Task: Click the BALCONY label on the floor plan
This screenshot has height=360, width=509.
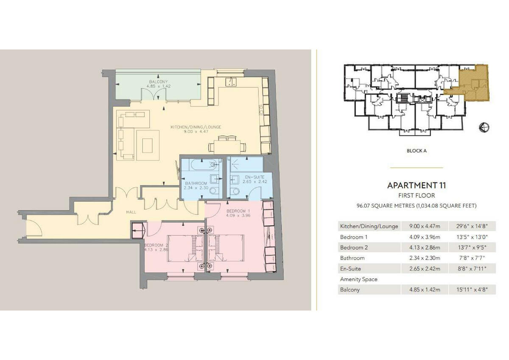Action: pyautogui.click(x=158, y=82)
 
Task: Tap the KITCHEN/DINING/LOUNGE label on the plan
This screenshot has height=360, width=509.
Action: pyautogui.click(x=196, y=127)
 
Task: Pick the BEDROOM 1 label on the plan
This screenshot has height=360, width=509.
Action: pyautogui.click(x=238, y=211)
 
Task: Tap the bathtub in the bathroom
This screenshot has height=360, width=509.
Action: pyautogui.click(x=201, y=164)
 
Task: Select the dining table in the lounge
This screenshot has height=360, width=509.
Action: pyautogui.click(x=227, y=146)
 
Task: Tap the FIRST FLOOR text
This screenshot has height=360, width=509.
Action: pyautogui.click(x=416, y=196)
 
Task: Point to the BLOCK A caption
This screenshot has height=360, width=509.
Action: pyautogui.click(x=416, y=151)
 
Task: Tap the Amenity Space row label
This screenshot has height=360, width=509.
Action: pyautogui.click(x=358, y=279)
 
